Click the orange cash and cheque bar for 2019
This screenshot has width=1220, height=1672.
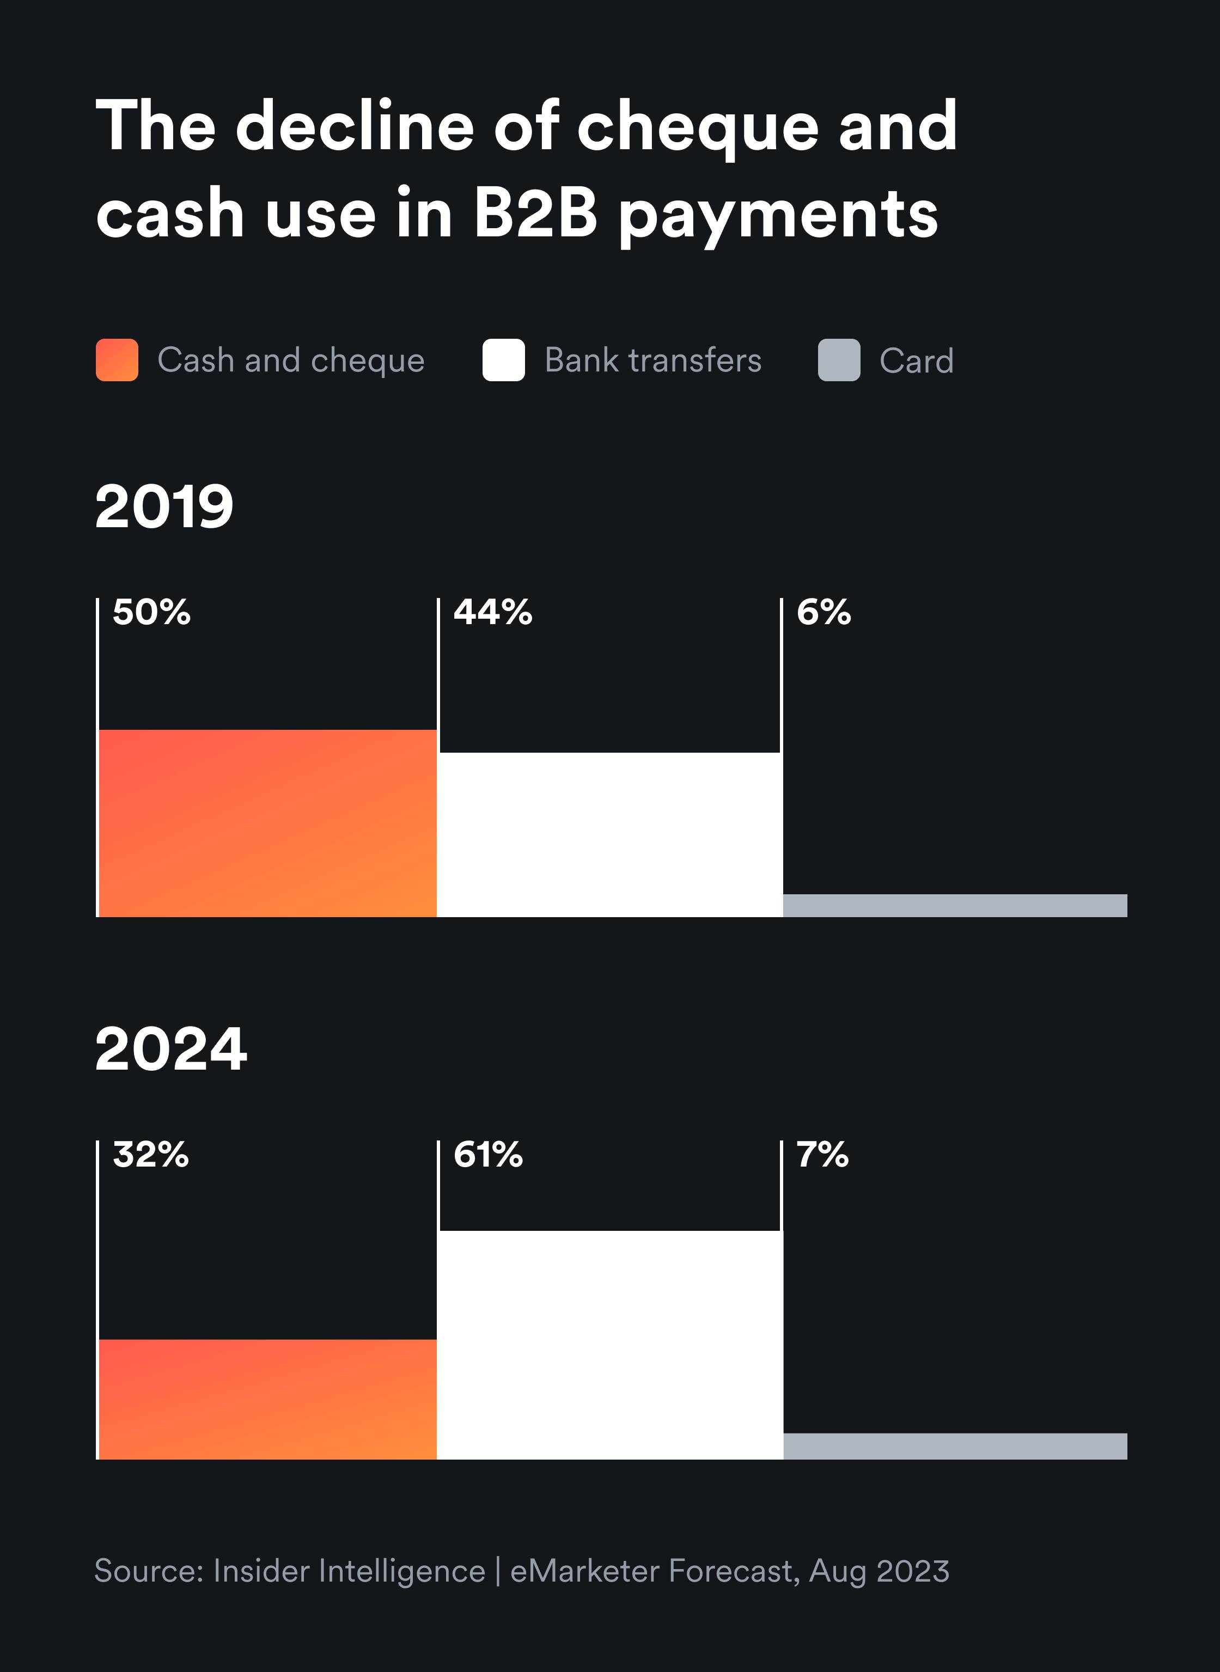(x=267, y=823)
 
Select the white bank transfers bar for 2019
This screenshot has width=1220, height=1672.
(x=610, y=834)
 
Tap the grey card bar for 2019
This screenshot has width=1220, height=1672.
(x=955, y=905)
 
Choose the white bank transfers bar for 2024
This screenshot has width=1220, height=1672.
(x=610, y=1344)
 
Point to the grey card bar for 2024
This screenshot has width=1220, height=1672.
(x=955, y=1445)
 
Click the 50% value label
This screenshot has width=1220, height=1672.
(x=151, y=612)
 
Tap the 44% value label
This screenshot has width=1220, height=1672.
(x=492, y=612)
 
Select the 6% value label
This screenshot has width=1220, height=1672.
(x=823, y=612)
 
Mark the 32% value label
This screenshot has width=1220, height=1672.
(x=151, y=1154)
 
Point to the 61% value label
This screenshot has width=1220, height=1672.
(x=488, y=1154)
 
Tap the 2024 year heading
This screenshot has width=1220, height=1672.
(x=170, y=1049)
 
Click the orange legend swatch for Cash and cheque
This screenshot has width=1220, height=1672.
(x=117, y=361)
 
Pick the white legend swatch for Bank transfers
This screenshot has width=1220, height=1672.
(x=504, y=361)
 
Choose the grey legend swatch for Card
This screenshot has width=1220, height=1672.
(x=839, y=361)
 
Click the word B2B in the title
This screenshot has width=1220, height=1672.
(x=535, y=213)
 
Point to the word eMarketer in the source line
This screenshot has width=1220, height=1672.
(x=584, y=1571)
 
